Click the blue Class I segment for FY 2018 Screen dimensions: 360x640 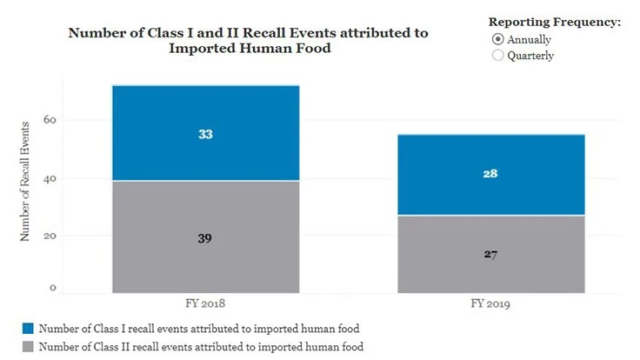205,113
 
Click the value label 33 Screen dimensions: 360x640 205,135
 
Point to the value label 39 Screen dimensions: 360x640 205,237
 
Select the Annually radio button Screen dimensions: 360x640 497,39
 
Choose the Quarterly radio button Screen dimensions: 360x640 497,56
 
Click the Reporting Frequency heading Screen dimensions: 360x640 554,22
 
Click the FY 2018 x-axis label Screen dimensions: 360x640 205,306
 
